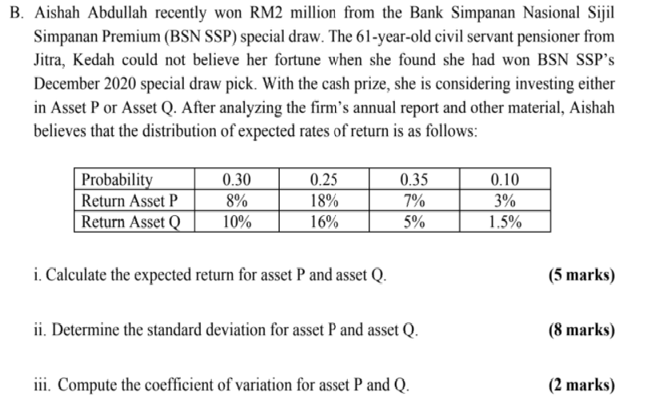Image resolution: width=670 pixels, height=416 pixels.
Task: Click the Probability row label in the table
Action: tap(118, 179)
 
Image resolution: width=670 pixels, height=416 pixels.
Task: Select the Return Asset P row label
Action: tap(128, 201)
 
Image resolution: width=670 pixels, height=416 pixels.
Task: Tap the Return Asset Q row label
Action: tap(129, 222)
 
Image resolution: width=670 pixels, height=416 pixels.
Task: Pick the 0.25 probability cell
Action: tap(323, 179)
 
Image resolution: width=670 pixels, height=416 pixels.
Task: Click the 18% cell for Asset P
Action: tap(323, 201)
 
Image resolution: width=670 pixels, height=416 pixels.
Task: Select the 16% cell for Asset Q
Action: tap(323, 222)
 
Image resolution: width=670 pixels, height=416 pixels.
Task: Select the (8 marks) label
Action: tap(581, 330)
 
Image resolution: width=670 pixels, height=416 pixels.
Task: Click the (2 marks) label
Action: tap(581, 384)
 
